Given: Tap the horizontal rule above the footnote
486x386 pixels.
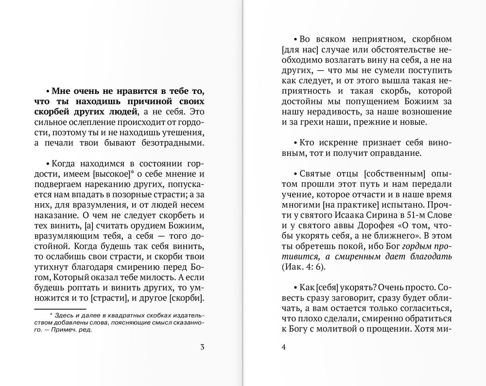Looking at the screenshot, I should point(60,308).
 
